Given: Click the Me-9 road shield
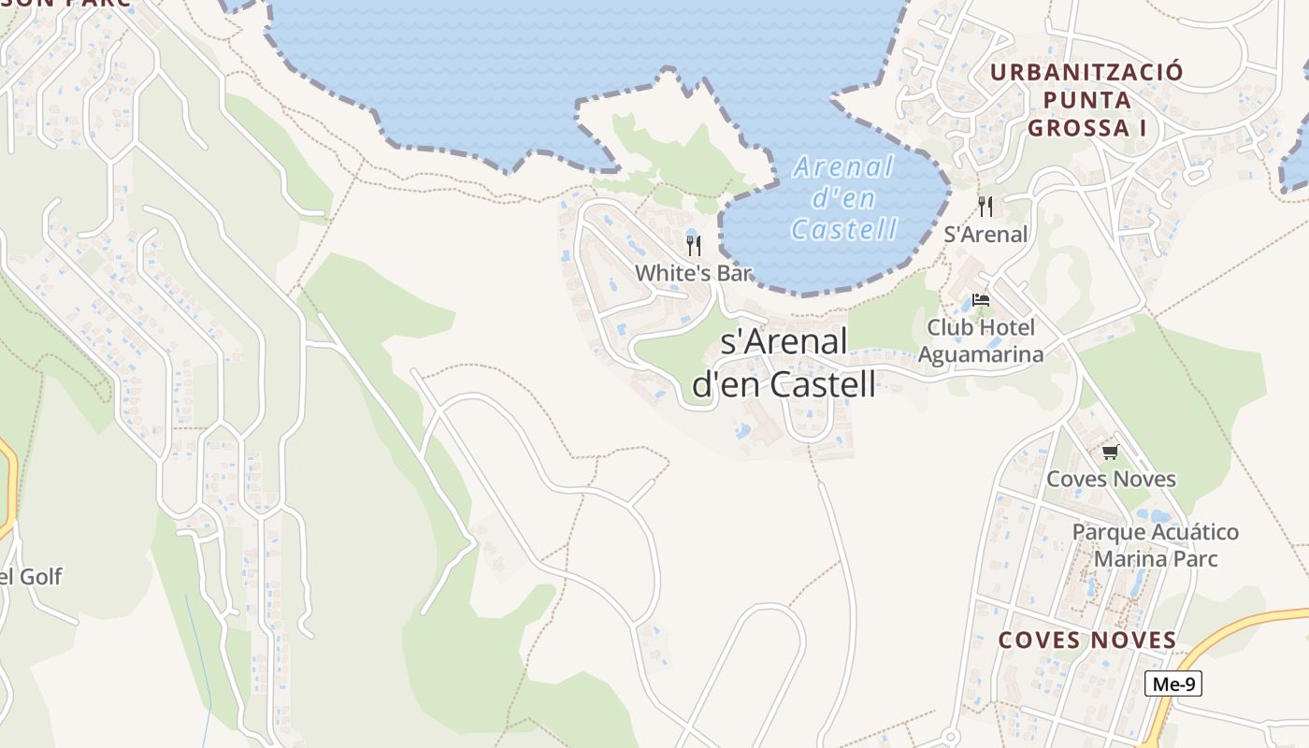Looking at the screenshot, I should [1172, 683].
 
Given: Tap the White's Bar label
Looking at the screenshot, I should [693, 273].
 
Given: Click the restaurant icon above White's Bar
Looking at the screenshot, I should [693, 245].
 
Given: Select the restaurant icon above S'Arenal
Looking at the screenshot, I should [985, 206].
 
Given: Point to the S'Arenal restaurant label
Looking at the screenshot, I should [985, 235].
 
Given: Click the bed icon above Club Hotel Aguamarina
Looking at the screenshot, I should [981, 300].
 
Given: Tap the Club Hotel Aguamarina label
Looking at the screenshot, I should [981, 340].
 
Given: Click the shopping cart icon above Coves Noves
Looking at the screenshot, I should [1110, 453].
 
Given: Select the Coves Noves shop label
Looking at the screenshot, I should [1111, 479].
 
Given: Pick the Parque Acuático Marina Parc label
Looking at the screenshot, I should [1156, 545].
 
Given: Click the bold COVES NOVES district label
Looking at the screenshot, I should [1087, 640].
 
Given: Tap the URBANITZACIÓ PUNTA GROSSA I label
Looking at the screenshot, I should [1086, 99].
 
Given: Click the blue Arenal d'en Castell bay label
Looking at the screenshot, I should [844, 197].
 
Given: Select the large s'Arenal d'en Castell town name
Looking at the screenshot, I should [784, 363].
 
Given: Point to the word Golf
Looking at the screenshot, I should [40, 577].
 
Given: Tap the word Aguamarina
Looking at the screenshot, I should [981, 354].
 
